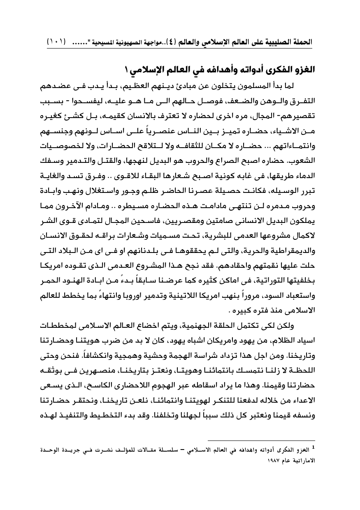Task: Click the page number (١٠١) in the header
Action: (x=58, y=42)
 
